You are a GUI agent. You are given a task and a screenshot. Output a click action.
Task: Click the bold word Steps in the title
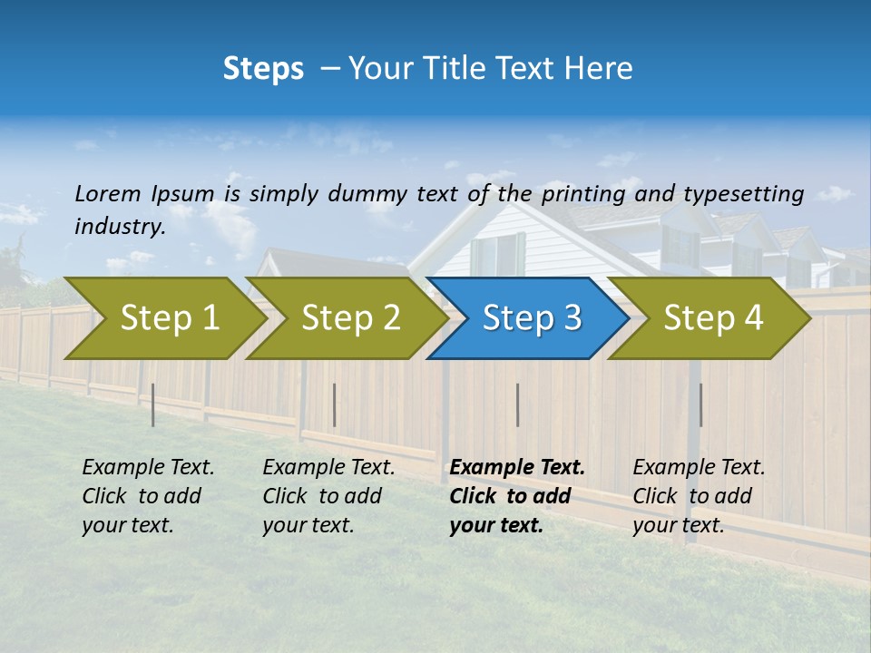263,68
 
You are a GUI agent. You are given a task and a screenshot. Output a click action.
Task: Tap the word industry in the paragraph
120,226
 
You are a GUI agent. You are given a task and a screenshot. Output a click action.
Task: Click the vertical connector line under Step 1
153,404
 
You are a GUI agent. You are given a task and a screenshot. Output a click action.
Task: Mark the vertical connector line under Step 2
335,404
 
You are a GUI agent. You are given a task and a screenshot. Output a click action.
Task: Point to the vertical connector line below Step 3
517,404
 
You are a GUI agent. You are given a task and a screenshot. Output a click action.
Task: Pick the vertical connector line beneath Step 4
700,404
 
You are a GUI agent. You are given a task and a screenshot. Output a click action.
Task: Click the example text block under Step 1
148,496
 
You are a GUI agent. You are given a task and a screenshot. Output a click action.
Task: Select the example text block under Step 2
328,496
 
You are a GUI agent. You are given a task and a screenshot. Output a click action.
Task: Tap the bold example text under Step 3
517,496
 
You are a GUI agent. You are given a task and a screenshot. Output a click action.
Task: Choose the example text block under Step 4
699,496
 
